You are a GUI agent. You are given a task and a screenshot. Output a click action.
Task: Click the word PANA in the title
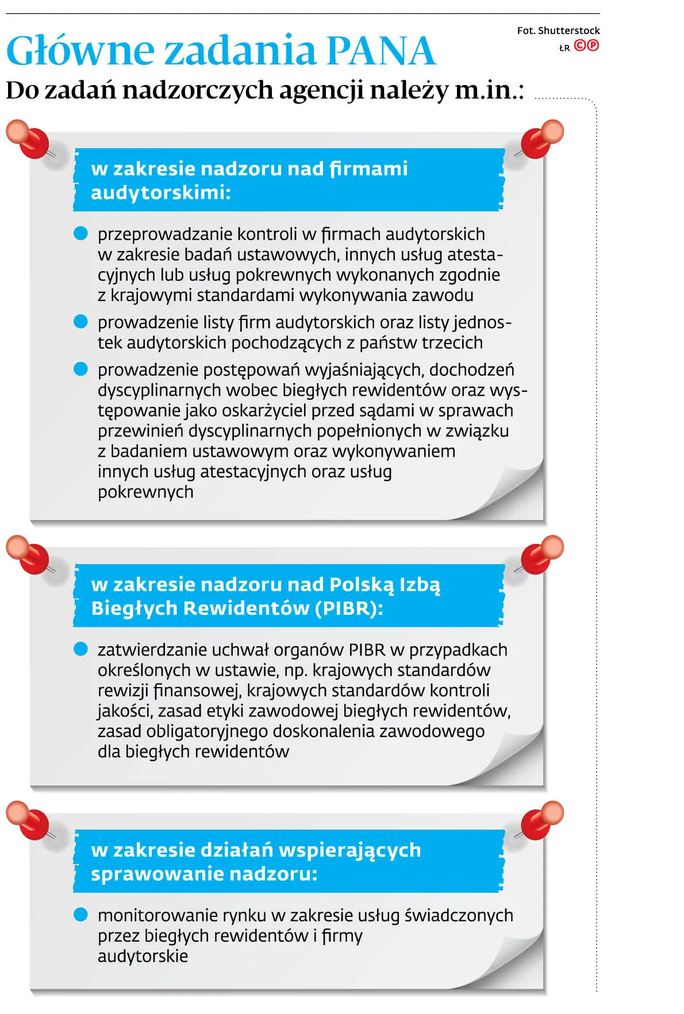pyautogui.click(x=381, y=51)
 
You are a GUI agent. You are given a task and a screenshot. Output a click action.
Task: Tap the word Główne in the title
pyautogui.click(x=80, y=51)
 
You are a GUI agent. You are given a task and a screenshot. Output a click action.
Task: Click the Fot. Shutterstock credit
pyautogui.click(x=558, y=30)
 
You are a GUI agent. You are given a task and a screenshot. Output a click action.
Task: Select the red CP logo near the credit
pyautogui.click(x=586, y=46)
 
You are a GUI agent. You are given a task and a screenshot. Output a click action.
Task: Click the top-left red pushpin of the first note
pyautogui.click(x=29, y=139)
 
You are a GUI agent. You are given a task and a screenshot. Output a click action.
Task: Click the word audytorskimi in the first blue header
pyautogui.click(x=160, y=192)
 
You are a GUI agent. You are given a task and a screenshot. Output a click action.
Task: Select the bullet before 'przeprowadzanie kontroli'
pyautogui.click(x=81, y=233)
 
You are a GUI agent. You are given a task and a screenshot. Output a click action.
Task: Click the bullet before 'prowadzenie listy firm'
pyautogui.click(x=81, y=322)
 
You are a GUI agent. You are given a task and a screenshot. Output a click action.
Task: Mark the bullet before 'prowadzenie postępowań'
pyautogui.click(x=81, y=369)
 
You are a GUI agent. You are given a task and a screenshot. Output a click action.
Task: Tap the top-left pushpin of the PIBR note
pyautogui.click(x=29, y=555)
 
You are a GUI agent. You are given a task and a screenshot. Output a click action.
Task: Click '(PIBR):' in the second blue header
pyautogui.click(x=349, y=608)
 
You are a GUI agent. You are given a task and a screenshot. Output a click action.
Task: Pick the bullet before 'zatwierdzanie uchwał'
pyautogui.click(x=81, y=649)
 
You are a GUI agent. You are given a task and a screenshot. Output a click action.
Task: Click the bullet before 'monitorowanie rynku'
pyautogui.click(x=81, y=915)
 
